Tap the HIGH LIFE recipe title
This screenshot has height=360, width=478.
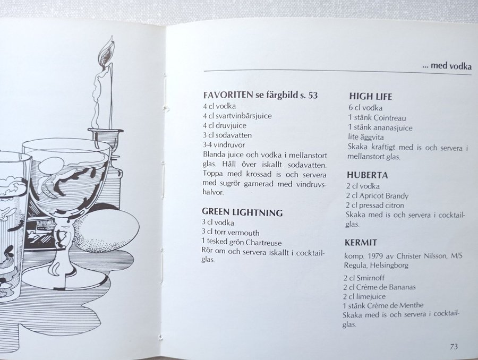click(x=370, y=97)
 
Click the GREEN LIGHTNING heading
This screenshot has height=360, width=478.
click(x=242, y=212)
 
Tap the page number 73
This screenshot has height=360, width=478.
click(x=454, y=347)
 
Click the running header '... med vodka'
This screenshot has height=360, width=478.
click(x=447, y=66)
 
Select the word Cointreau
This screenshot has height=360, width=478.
click(x=389, y=118)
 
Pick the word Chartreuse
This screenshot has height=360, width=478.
click(x=263, y=243)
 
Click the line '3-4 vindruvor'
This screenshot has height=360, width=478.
click(x=224, y=145)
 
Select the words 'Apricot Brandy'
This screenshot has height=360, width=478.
click(x=383, y=196)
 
